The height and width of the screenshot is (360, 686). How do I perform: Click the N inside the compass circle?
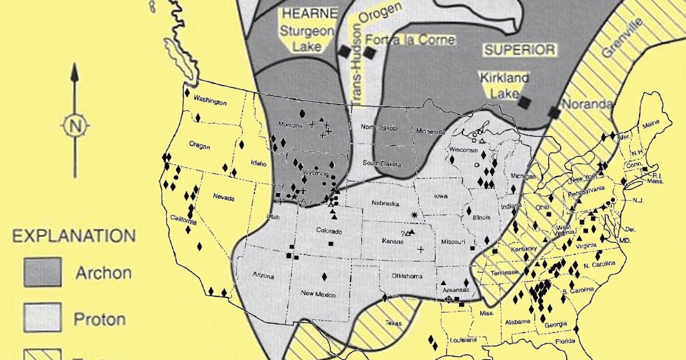74,126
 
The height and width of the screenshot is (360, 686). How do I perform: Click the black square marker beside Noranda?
554,113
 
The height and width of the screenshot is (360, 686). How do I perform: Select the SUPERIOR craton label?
520,50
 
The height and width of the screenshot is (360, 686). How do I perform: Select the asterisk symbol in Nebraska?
414,214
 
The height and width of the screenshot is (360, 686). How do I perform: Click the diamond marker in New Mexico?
325,276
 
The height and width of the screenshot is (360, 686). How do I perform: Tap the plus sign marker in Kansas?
421,249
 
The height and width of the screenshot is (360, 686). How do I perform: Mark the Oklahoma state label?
406,277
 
